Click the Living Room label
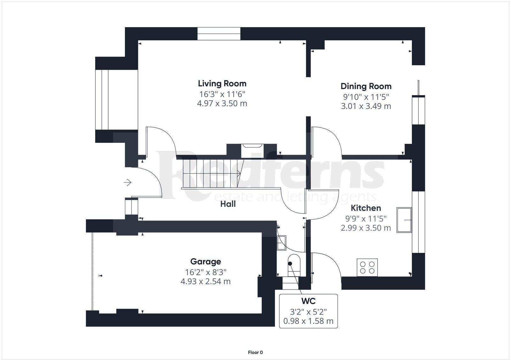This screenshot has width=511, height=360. (x=222, y=84)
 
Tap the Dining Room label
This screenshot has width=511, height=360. (x=366, y=86)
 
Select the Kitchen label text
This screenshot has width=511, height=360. (x=366, y=208)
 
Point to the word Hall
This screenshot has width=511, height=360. (x=228, y=204)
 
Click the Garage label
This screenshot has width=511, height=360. (x=205, y=262)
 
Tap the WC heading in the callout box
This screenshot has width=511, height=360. (x=308, y=301)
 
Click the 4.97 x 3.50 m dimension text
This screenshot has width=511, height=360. (x=222, y=103)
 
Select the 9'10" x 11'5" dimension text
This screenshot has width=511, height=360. (x=366, y=96)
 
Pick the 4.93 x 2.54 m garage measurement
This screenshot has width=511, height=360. (x=205, y=281)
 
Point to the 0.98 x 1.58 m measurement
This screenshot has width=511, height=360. (x=308, y=321)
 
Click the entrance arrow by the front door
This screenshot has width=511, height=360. (x=127, y=183)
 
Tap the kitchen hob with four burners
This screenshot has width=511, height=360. (x=367, y=267)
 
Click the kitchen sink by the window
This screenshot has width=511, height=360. (x=404, y=220)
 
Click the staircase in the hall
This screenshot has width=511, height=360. (x=211, y=174)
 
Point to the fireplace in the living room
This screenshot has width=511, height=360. (x=252, y=151)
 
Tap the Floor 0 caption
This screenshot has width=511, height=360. (x=255, y=352)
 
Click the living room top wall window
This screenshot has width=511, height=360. (x=219, y=34)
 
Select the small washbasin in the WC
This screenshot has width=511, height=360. (x=281, y=243)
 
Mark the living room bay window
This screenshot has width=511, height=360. (x=102, y=100)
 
